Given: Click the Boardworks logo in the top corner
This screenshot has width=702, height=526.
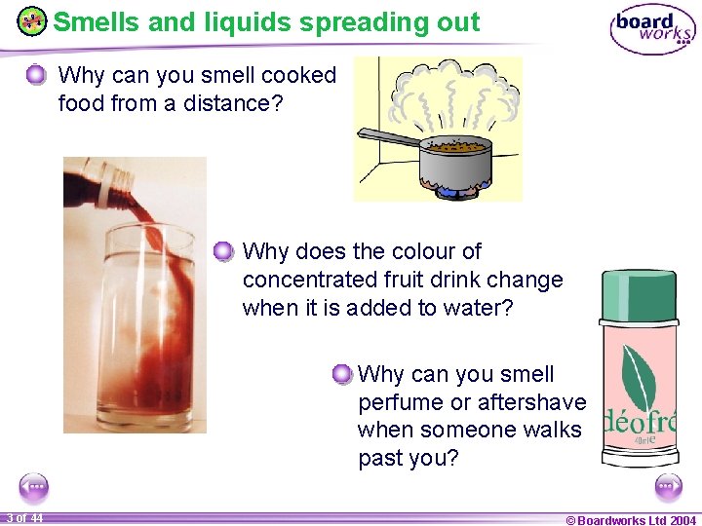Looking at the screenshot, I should pos(651,29).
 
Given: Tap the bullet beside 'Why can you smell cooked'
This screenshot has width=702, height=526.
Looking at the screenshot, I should pos(36,75).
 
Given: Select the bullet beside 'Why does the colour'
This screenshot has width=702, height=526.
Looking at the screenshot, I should pos(223,252).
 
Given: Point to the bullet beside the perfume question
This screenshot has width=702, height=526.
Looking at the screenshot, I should pos(341,375).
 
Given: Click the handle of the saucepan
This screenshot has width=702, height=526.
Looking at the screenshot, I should pos(386,137).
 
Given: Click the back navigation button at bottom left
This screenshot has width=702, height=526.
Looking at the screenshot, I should pos(33,486).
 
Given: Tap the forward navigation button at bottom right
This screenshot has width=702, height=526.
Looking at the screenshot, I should pos(669,486).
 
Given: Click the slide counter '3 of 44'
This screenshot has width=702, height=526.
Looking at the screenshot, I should pos(23,518).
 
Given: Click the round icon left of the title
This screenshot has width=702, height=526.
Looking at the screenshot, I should pos(32,21).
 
